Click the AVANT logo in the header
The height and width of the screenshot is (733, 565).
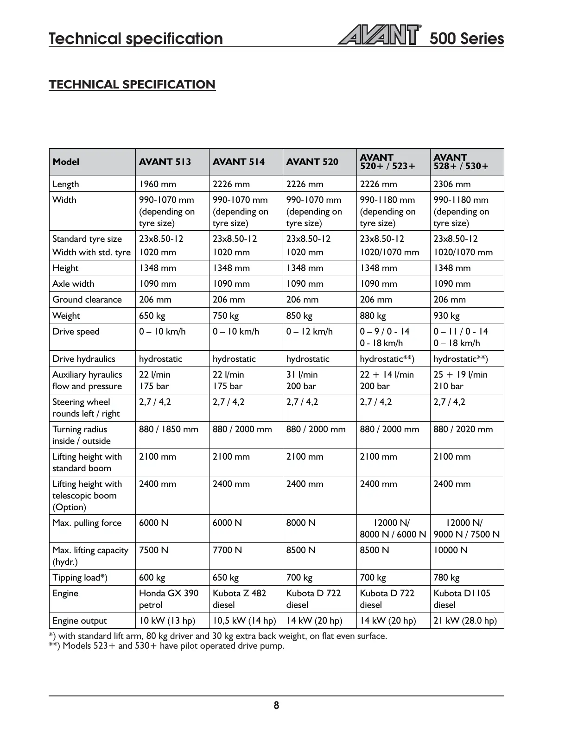[379, 35]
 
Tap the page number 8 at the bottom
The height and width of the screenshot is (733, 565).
[276, 705]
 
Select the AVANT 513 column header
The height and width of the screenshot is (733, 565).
[165, 162]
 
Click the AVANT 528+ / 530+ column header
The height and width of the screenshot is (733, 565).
[461, 162]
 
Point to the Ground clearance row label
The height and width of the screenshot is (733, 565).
[87, 299]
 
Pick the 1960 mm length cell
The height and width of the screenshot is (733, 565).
[158, 184]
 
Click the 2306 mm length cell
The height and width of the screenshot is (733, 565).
[452, 184]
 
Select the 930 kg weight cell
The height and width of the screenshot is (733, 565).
[446, 316]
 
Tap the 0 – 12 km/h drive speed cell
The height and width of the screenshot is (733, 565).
[310, 331]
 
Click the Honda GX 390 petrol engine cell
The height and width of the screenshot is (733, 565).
[169, 599]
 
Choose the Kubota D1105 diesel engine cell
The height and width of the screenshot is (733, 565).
[462, 599]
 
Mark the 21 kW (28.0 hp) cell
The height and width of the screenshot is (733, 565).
[465, 620]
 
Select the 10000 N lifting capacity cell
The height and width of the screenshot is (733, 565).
[451, 550]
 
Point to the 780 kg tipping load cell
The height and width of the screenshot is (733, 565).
[446, 577]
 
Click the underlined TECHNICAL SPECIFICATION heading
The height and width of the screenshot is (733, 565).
[132, 85]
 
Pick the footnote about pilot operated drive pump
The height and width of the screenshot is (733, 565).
[167, 645]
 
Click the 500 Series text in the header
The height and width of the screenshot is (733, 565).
[466, 38]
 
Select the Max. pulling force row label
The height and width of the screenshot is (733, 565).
[87, 523]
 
